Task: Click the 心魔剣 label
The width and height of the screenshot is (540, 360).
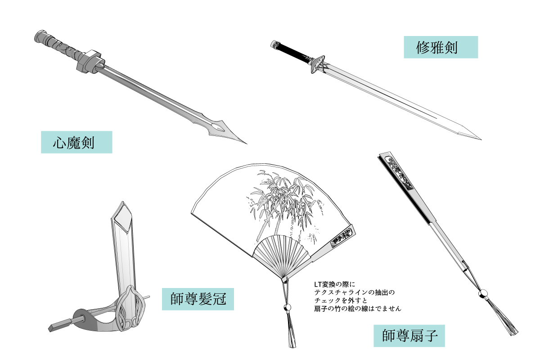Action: pyautogui.click(x=76, y=142)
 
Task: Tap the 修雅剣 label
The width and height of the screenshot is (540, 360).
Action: pyautogui.click(x=441, y=47)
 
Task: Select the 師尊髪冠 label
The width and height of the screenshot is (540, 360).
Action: pyautogui.click(x=198, y=298)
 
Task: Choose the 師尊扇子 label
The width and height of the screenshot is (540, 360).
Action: pyautogui.click(x=409, y=336)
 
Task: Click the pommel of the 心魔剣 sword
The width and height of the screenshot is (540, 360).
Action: pyautogui.click(x=39, y=36)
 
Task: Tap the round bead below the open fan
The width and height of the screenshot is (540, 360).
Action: pyautogui.click(x=288, y=308)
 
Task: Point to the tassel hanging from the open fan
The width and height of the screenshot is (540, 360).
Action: pyautogui.click(x=291, y=333)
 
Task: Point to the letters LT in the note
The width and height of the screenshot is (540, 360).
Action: pyautogui.click(x=319, y=284)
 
